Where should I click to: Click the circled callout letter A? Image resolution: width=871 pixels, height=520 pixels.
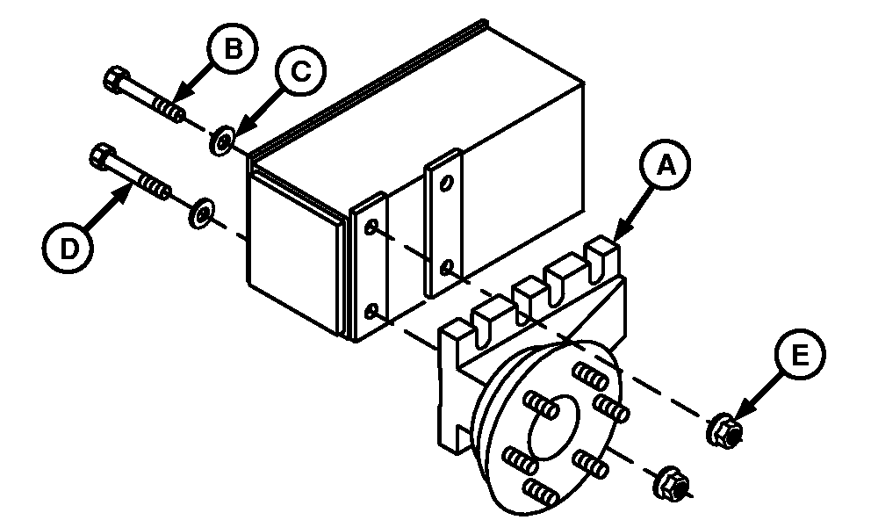point(665,165)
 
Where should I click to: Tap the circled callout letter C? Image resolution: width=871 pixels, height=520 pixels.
point(300,71)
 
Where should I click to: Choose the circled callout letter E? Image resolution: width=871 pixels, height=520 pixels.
point(799,354)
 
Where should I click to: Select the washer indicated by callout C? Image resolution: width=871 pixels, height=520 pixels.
point(221,141)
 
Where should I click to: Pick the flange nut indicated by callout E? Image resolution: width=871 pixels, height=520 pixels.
point(724,430)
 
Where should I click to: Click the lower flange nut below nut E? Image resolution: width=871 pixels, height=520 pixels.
point(673,484)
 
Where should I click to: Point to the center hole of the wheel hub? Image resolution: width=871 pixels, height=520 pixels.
point(554,426)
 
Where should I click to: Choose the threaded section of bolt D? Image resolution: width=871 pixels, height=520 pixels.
point(154,186)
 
